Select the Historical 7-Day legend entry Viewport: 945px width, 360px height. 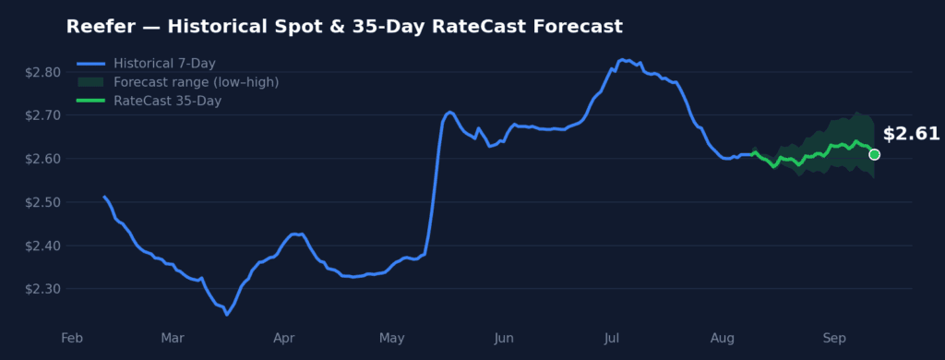(x=147, y=64)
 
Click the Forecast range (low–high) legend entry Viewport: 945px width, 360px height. (x=178, y=82)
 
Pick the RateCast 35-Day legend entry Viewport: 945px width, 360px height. (x=150, y=101)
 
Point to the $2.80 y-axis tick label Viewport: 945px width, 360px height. (x=42, y=72)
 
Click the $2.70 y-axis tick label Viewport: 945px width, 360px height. (x=42, y=115)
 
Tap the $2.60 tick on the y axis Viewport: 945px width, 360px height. (x=42, y=159)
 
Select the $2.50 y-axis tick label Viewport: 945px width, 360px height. (x=42, y=202)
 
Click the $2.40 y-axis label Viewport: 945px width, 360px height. (x=42, y=246)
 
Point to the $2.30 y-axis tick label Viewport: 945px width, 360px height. (x=42, y=289)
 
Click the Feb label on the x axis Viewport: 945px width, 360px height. (x=72, y=338)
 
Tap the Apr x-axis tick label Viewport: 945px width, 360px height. (x=284, y=338)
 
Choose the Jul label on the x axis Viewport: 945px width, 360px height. (x=612, y=338)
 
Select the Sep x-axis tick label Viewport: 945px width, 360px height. (x=834, y=338)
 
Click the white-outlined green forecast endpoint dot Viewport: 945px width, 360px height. (x=874, y=154)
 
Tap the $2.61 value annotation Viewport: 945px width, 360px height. (x=911, y=134)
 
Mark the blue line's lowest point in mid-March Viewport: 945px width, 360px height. (x=227, y=315)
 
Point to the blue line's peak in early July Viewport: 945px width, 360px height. (x=621, y=59)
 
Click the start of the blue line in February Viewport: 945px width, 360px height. (x=104, y=197)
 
